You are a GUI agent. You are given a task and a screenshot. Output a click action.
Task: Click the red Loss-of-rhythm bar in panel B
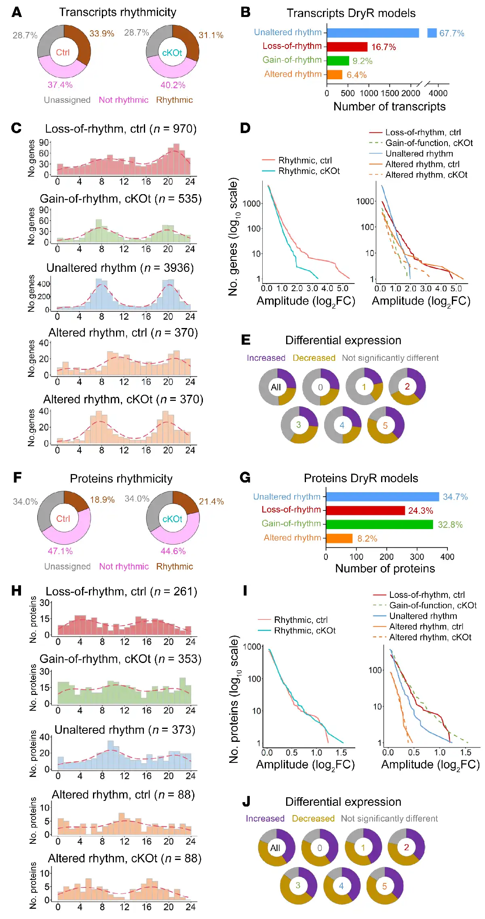(x=347, y=47)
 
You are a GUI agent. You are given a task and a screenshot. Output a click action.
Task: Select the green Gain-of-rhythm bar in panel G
(x=379, y=524)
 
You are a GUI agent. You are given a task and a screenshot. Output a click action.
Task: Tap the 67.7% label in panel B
(x=451, y=33)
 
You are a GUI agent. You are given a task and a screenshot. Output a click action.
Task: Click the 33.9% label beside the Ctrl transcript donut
(x=102, y=34)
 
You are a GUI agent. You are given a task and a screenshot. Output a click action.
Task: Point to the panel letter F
(x=17, y=477)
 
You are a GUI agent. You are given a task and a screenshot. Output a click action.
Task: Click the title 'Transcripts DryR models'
(x=351, y=13)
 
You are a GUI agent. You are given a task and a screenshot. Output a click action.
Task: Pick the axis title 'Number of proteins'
(x=385, y=568)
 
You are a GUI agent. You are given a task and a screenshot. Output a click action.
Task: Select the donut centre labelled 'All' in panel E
(x=276, y=387)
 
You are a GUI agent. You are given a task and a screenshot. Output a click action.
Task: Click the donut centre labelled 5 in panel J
(x=384, y=886)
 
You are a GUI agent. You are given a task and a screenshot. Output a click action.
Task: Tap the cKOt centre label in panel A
(x=172, y=53)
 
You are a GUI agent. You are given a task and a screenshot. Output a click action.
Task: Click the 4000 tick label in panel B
(x=438, y=93)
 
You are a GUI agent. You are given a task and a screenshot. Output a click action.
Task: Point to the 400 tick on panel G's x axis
(x=447, y=557)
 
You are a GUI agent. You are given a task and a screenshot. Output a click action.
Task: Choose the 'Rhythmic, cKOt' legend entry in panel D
(x=309, y=171)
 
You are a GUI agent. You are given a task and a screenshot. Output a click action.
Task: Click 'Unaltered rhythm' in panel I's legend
(x=423, y=616)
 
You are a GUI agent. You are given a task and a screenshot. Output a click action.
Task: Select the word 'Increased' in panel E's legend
(x=266, y=358)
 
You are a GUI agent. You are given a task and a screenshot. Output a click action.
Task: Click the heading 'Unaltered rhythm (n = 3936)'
(x=120, y=268)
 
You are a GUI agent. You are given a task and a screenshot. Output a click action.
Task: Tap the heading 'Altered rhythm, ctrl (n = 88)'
(x=123, y=795)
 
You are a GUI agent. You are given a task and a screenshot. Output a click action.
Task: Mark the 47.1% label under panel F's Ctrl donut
(x=60, y=551)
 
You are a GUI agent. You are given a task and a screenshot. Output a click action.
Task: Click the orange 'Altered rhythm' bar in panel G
(x=339, y=538)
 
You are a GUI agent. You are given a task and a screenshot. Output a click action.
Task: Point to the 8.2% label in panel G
(x=367, y=538)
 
